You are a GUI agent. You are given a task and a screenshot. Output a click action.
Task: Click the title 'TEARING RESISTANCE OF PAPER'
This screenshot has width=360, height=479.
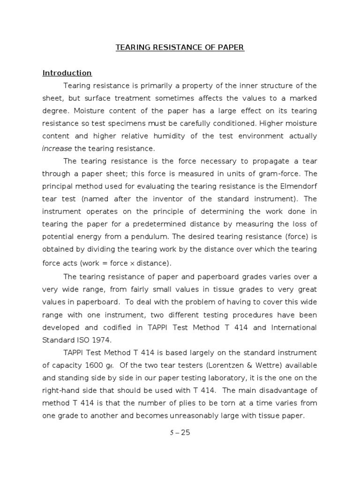180,47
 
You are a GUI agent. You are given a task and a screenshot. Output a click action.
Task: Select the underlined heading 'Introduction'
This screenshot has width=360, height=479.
67,73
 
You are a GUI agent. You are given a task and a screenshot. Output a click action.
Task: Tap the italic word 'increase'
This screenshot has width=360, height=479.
57,148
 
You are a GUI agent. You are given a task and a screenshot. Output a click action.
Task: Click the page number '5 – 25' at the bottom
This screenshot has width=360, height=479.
180,432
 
